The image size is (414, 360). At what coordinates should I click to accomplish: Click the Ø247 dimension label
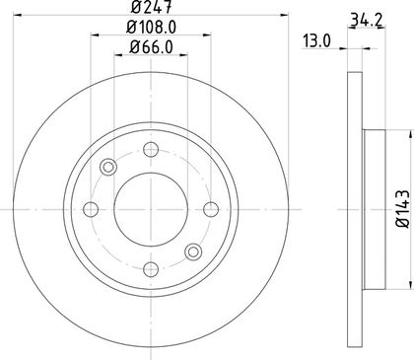pyautogui.click(x=151, y=7)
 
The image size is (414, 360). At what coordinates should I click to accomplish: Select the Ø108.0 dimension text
pyautogui.click(x=151, y=27)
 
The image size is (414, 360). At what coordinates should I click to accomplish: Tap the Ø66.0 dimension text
pyautogui.click(x=151, y=47)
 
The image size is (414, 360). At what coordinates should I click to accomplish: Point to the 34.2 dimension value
pyautogui.click(x=367, y=20)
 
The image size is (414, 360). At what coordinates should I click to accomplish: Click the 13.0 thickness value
pyautogui.click(x=316, y=41)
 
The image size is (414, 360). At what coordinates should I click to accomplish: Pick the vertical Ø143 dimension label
pyautogui.click(x=403, y=208)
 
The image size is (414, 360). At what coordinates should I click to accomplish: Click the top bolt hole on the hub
pyautogui.click(x=151, y=150)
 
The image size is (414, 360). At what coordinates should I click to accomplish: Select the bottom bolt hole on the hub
pyautogui.click(x=151, y=269)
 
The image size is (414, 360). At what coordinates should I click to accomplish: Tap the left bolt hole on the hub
pyautogui.click(x=91, y=209)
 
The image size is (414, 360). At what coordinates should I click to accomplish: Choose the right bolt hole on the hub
pyautogui.click(x=211, y=209)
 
